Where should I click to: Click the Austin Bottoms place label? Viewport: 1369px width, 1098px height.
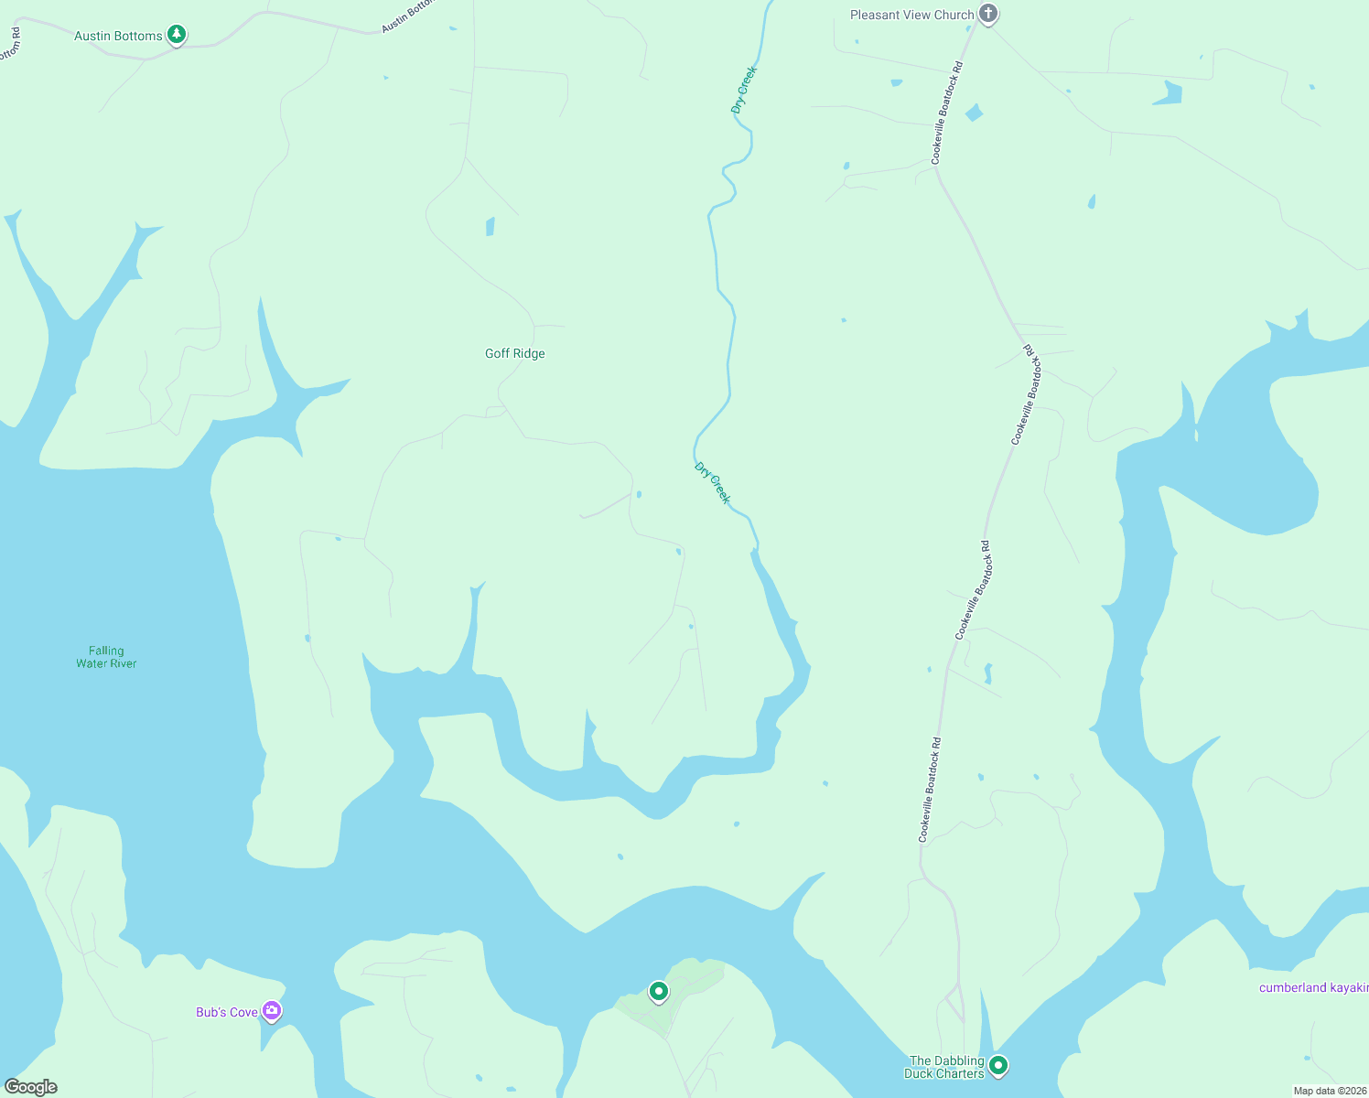pos(118,37)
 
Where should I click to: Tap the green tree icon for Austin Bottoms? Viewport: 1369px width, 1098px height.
pos(177,35)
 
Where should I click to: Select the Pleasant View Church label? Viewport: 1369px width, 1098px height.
pos(911,15)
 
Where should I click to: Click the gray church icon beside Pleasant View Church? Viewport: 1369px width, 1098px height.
pos(987,14)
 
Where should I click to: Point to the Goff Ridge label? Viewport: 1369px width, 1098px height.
pos(514,353)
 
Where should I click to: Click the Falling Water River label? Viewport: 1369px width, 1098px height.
pos(106,657)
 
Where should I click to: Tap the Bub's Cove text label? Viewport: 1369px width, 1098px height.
pos(227,1012)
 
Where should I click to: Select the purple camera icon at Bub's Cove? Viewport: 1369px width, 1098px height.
pos(272,1011)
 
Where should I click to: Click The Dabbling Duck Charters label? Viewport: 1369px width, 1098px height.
pos(945,1067)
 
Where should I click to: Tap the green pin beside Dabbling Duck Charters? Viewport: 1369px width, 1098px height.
pos(998,1065)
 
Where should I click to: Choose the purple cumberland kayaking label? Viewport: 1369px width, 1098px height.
pos(1313,987)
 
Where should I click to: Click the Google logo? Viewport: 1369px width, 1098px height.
pos(31,1087)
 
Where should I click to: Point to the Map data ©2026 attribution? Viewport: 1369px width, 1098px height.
pos(1329,1091)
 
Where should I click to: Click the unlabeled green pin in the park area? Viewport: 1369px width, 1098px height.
pos(658,991)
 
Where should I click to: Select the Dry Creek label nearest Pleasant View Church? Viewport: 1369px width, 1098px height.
pos(744,90)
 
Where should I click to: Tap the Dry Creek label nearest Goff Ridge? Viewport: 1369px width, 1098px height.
pos(712,482)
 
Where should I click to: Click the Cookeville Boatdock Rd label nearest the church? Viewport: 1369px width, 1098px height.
pos(947,113)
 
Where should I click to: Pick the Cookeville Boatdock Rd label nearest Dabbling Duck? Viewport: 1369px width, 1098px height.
pos(930,790)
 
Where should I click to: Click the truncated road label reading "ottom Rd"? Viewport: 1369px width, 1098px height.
pos(10,44)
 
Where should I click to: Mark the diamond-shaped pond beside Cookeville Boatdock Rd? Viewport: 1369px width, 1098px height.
pos(974,113)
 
